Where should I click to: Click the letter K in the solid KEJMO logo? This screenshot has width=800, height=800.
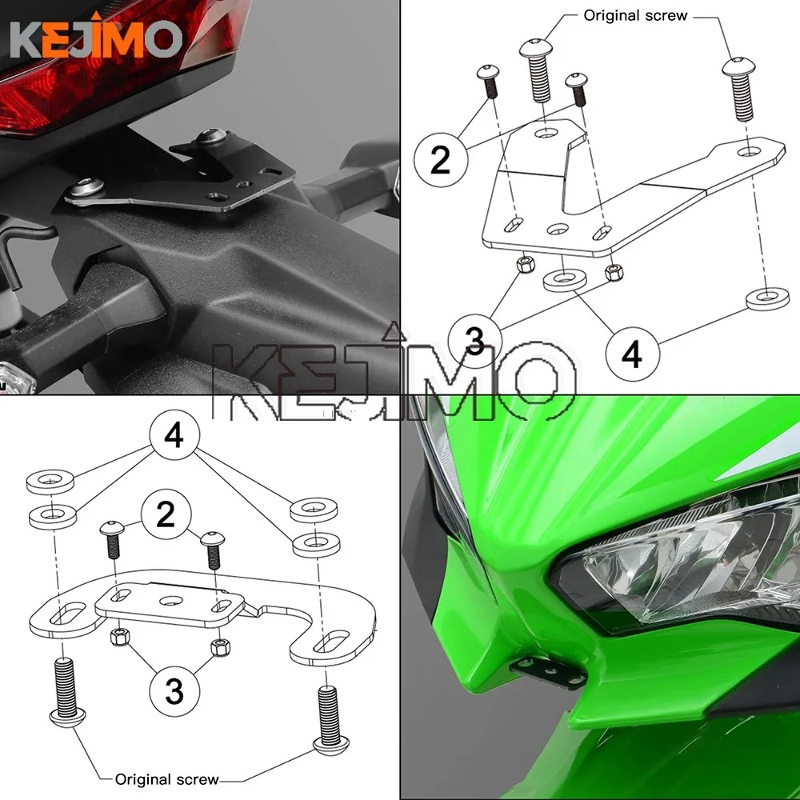(x=25, y=38)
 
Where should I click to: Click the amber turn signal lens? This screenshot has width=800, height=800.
(x=15, y=378)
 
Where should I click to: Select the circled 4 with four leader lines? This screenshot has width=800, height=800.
(x=174, y=436)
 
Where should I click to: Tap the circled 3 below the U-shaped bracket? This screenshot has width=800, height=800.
(x=174, y=691)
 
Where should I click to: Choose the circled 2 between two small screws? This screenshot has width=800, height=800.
(x=166, y=514)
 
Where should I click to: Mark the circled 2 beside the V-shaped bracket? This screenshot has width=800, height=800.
(x=440, y=158)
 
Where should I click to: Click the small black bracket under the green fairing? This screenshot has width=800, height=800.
(x=547, y=671)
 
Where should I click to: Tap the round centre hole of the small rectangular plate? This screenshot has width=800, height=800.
(x=169, y=600)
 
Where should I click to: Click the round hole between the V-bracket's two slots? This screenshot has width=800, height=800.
(x=558, y=229)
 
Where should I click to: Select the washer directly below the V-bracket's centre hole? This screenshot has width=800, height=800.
(x=564, y=279)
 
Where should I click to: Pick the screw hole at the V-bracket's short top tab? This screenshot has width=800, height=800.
(x=546, y=134)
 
